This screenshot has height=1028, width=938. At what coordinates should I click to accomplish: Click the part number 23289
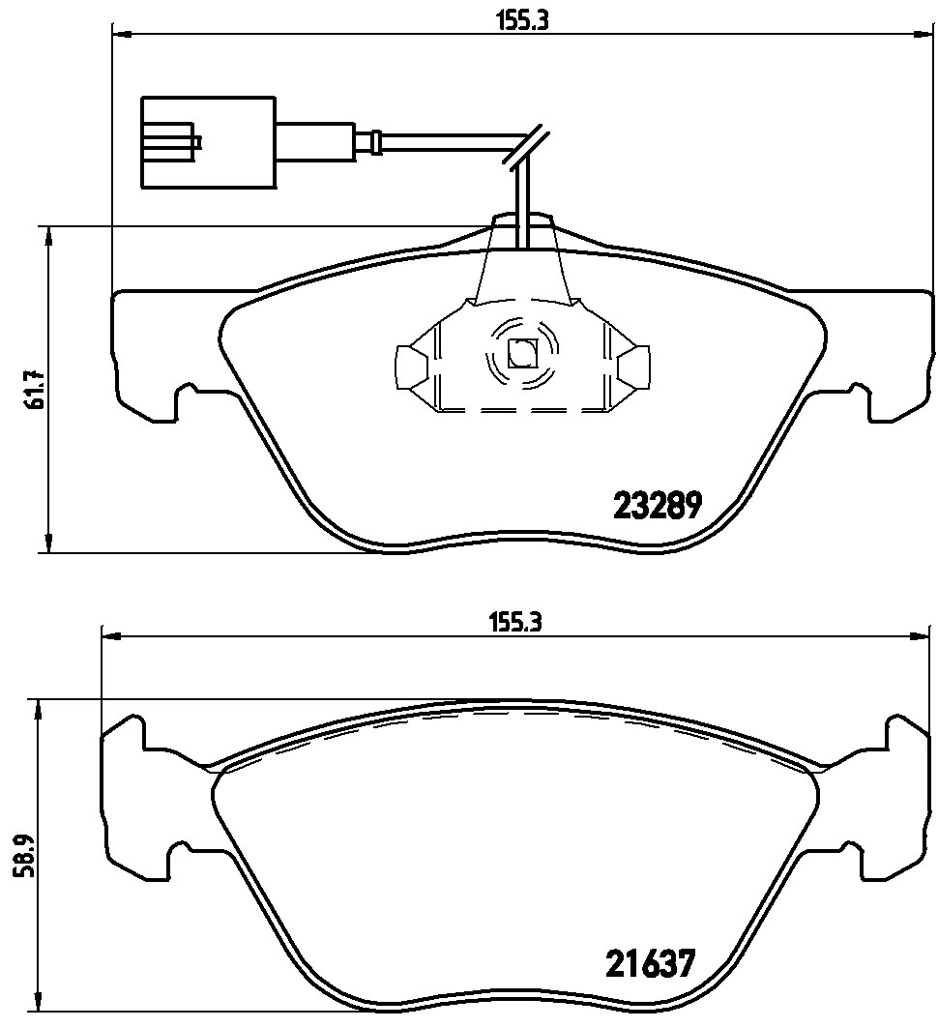657,505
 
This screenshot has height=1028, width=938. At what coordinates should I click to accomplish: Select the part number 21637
650,964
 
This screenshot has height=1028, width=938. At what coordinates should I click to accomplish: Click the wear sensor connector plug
208,142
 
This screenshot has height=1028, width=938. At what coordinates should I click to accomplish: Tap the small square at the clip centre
522,355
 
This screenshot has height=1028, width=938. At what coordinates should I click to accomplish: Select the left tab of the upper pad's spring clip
410,367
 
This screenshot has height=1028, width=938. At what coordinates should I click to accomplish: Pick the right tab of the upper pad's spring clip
635,367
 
